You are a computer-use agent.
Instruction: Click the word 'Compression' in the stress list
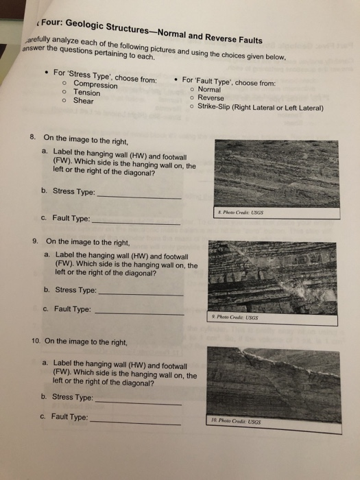click(x=95, y=85)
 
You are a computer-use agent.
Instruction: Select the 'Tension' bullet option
click(x=86, y=93)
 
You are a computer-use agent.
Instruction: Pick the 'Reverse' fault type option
click(x=211, y=98)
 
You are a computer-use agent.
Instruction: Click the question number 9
click(x=35, y=242)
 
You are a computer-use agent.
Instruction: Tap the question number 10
click(x=37, y=341)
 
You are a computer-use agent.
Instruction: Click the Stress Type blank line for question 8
click(x=140, y=197)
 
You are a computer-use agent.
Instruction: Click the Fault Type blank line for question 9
click(x=138, y=313)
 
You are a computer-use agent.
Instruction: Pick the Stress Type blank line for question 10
click(x=138, y=402)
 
